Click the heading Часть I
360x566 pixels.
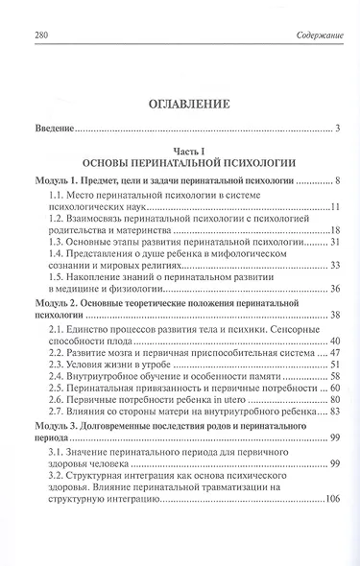point(180,152)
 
